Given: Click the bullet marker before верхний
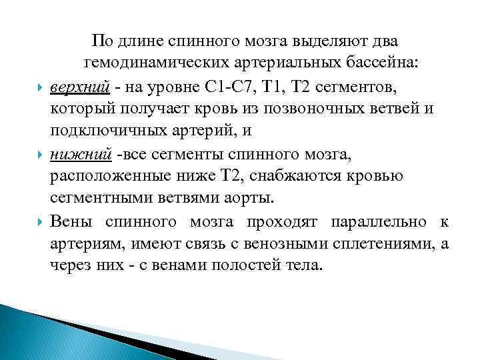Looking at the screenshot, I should (x=39, y=87).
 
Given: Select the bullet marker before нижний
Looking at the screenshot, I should (x=39, y=155).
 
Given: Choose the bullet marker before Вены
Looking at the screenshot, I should (x=39, y=223).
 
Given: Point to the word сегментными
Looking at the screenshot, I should (x=94, y=199).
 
